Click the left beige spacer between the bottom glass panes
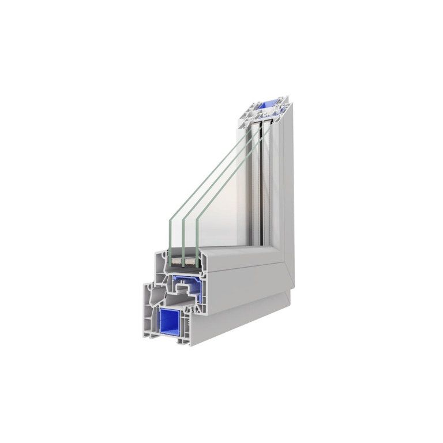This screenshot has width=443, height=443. [177, 262]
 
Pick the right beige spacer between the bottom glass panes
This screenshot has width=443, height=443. [191, 262]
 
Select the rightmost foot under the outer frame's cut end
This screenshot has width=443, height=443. [185, 343]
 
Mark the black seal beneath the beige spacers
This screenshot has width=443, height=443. [185, 269]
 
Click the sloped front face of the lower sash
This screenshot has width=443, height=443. [242, 271]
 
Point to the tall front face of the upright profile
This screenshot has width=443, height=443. [283, 185]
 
